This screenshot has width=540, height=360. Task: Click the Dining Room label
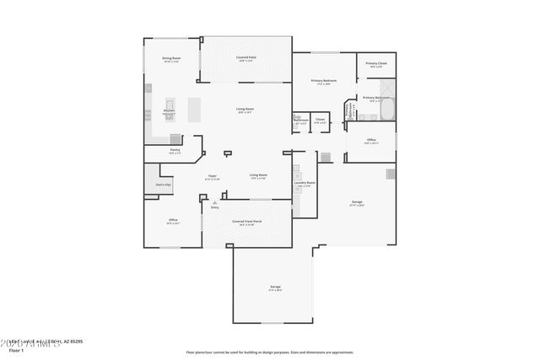coord(171,58)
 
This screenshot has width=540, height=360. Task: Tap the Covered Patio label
coord(246,58)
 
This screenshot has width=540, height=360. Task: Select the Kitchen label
coord(168,111)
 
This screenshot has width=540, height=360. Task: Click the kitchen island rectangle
coord(195,108)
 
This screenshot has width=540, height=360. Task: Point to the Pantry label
coord(175,150)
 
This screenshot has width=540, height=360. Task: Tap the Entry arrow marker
coord(214,202)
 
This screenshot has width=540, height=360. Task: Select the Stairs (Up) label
coord(158,184)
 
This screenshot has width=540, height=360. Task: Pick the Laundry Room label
coord(305,183)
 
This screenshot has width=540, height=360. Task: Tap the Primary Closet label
coord(376,64)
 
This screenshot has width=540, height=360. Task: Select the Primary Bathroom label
coord(375,98)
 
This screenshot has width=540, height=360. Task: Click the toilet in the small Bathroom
coord(298,119)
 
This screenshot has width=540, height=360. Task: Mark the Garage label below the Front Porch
coord(275,287)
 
